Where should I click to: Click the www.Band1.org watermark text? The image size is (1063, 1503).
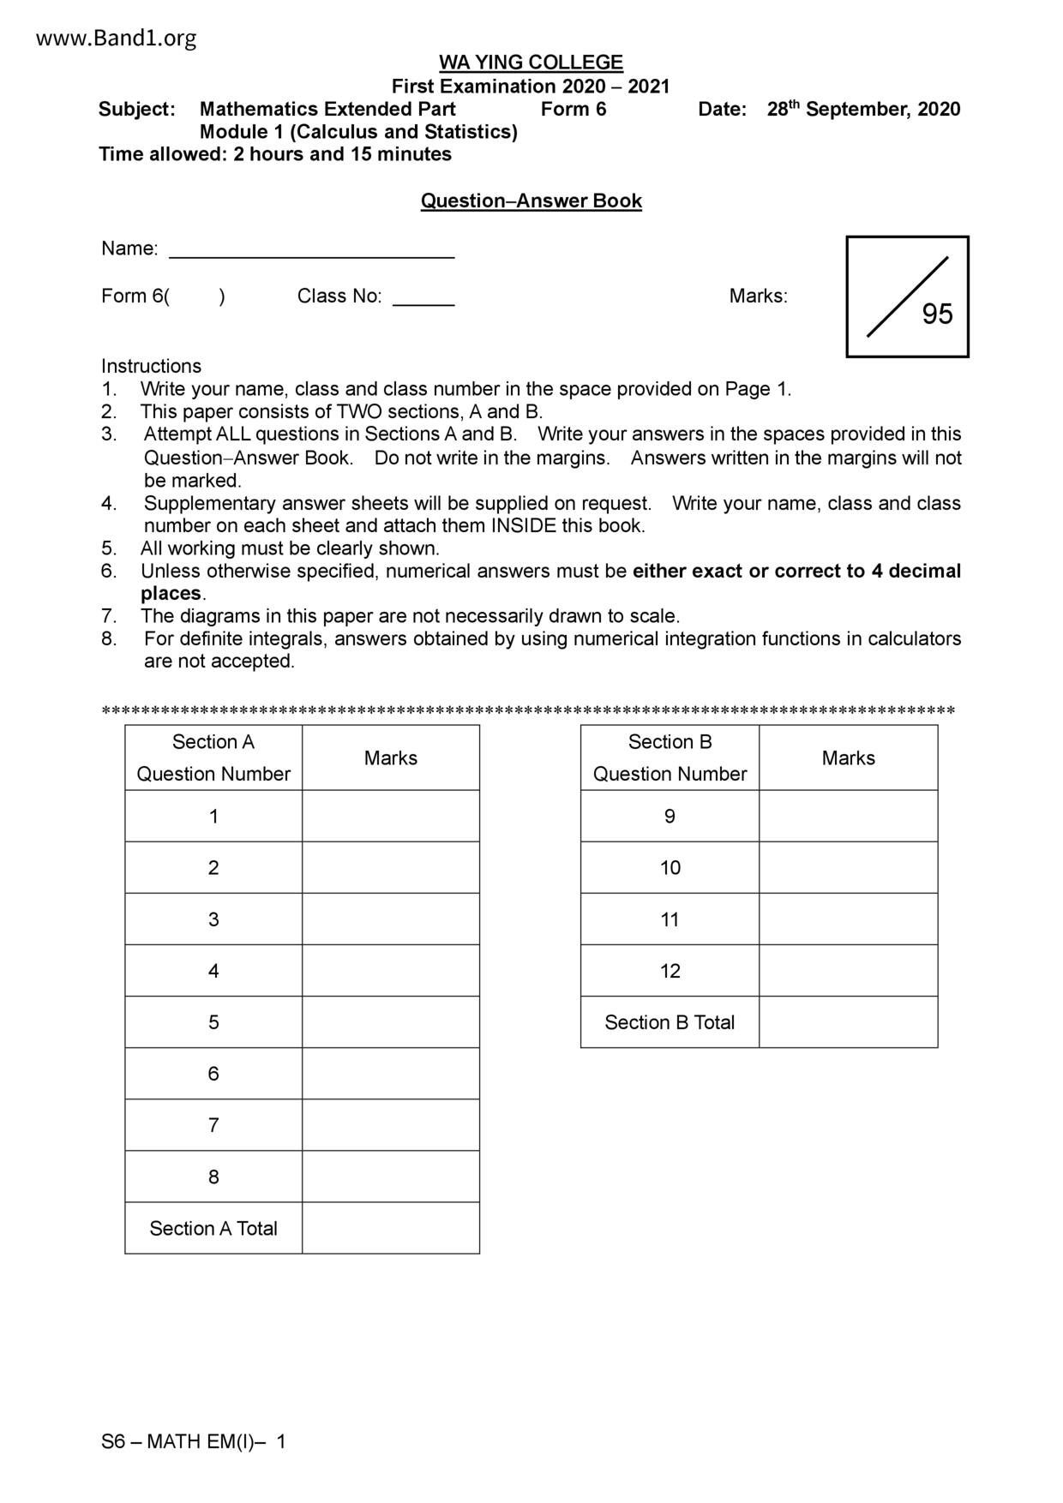coord(117,39)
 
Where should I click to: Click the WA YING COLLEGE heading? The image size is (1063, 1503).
coord(531,63)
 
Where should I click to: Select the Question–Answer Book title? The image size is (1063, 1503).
coord(531,201)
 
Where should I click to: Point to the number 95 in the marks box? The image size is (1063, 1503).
coord(937,314)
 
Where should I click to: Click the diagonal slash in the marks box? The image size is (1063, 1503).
coord(907,296)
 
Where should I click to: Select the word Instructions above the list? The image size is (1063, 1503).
coord(151,366)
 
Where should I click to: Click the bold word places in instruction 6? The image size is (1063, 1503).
coord(171,594)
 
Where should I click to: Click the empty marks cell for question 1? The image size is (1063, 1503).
coord(390,816)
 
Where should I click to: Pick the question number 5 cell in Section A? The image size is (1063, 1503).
coord(213,1022)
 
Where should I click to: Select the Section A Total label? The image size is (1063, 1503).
coord(213,1229)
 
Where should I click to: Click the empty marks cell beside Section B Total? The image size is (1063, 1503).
coord(848,1022)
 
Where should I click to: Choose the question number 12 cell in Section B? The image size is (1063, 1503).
coord(670,971)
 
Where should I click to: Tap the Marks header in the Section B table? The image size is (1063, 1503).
coord(848,758)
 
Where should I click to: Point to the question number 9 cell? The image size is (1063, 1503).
coord(670,817)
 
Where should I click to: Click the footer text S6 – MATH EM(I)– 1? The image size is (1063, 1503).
coord(194,1442)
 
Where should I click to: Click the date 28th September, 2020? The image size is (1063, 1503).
coord(863,110)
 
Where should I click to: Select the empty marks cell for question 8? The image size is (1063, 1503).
coord(390,1177)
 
